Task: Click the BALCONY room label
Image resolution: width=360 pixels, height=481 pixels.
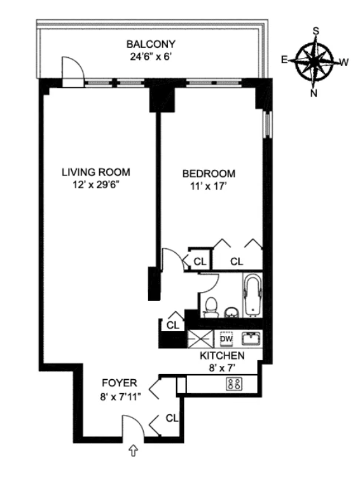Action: click(x=150, y=44)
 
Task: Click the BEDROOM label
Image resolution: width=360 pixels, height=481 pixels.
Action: click(x=209, y=173)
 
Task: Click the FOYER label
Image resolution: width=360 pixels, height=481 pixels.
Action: click(x=119, y=383)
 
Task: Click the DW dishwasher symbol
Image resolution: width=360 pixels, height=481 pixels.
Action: click(x=226, y=338)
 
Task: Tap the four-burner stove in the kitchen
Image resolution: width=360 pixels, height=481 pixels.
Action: click(x=233, y=384)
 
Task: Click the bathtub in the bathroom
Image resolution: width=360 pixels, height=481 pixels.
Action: click(x=252, y=294)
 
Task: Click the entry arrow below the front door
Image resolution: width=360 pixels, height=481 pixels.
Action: click(x=133, y=451)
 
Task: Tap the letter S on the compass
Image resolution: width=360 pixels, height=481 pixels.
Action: click(x=316, y=31)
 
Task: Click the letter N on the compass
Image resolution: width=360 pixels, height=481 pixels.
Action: click(x=314, y=92)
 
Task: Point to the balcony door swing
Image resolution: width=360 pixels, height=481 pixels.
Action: click(x=72, y=70)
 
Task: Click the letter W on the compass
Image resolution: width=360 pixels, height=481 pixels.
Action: click(x=344, y=62)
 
